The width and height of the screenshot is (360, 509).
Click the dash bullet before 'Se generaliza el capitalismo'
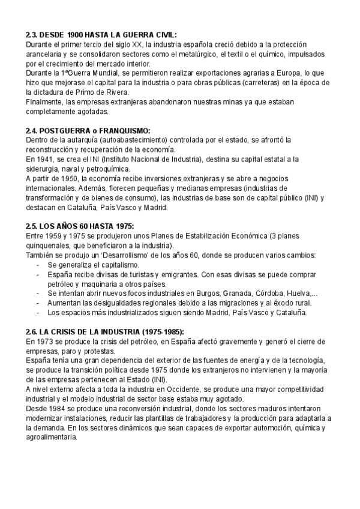[38, 265]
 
